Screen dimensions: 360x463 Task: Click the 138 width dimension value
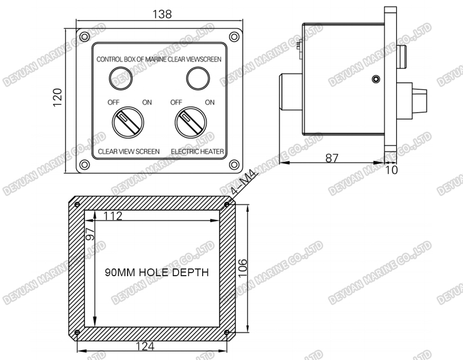pyautogui.click(x=162, y=14)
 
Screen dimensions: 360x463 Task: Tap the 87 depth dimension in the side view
pyautogui.click(x=332, y=158)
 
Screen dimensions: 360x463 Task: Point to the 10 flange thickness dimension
pyautogui.click(x=391, y=170)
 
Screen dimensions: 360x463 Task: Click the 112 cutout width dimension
pyautogui.click(x=112, y=216)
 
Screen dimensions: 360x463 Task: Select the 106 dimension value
pyautogui.click(x=242, y=268)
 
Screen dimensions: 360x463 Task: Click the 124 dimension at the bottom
pyautogui.click(x=146, y=347)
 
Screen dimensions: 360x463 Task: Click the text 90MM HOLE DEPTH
pyautogui.click(x=157, y=273)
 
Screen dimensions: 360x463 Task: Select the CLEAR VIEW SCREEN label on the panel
pyautogui.click(x=129, y=151)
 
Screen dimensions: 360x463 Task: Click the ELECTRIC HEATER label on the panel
pyautogui.click(x=197, y=151)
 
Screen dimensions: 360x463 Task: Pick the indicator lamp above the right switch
pyautogui.click(x=198, y=78)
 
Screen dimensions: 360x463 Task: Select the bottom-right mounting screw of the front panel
pyautogui.click(x=234, y=165)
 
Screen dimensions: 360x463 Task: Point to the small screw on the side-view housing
pyautogui.click(x=376, y=79)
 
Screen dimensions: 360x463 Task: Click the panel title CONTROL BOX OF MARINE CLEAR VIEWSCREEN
pyautogui.click(x=159, y=59)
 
